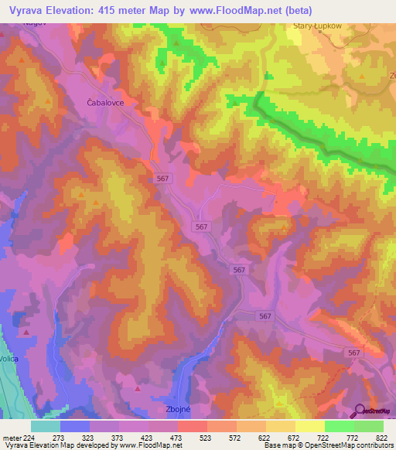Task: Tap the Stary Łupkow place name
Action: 319,26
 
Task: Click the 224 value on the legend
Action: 29,438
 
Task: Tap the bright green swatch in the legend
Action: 339,426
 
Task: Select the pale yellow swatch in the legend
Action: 309,426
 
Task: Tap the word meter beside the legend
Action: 11,438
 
